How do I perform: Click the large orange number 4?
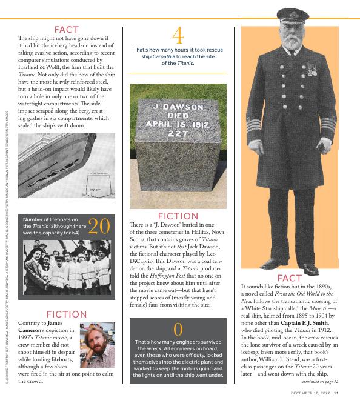178,35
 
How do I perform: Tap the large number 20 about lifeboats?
99,226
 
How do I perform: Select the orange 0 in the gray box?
178,330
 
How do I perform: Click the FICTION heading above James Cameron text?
67,314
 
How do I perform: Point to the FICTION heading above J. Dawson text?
178,216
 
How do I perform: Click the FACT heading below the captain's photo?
289,278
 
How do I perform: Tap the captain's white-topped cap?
293,16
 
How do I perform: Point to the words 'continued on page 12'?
320,382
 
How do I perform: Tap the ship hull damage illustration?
66,166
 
